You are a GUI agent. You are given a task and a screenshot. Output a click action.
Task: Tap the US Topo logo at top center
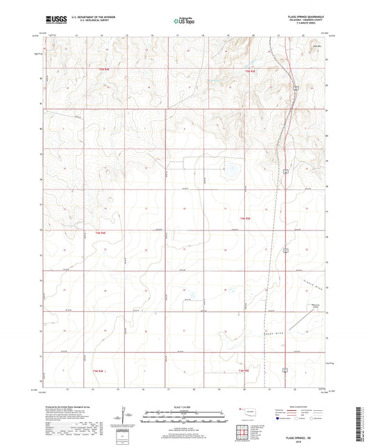[184, 22]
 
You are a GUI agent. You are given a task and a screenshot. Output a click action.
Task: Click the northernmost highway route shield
[294, 87]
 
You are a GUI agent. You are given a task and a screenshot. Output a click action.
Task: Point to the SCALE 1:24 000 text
[185, 406]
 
